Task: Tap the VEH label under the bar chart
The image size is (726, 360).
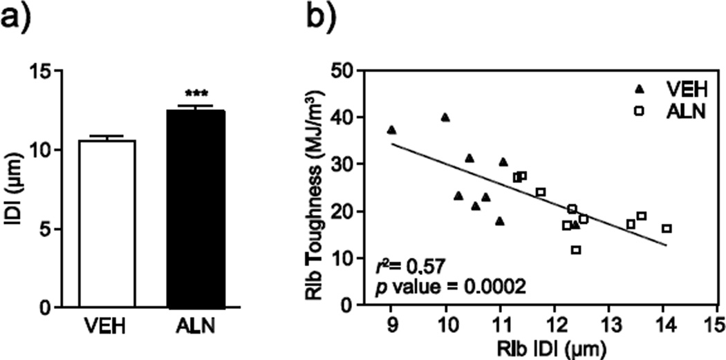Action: click(x=107, y=325)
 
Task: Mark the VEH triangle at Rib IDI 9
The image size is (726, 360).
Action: click(x=391, y=130)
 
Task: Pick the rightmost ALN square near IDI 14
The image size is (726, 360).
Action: click(x=667, y=229)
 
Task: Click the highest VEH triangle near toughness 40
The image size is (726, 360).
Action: click(x=445, y=117)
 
